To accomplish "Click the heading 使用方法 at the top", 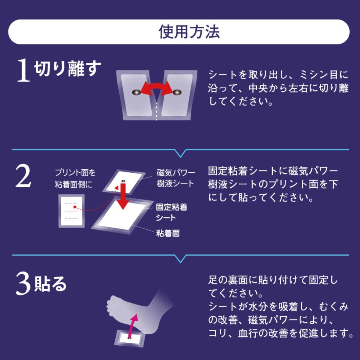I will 180,32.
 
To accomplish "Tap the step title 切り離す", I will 66,69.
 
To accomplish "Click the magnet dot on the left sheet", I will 137,92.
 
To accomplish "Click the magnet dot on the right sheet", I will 176,92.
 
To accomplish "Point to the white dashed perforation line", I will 156,110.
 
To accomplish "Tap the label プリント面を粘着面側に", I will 75,178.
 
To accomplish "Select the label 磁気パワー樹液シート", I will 176,178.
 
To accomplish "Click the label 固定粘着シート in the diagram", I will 171,212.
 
